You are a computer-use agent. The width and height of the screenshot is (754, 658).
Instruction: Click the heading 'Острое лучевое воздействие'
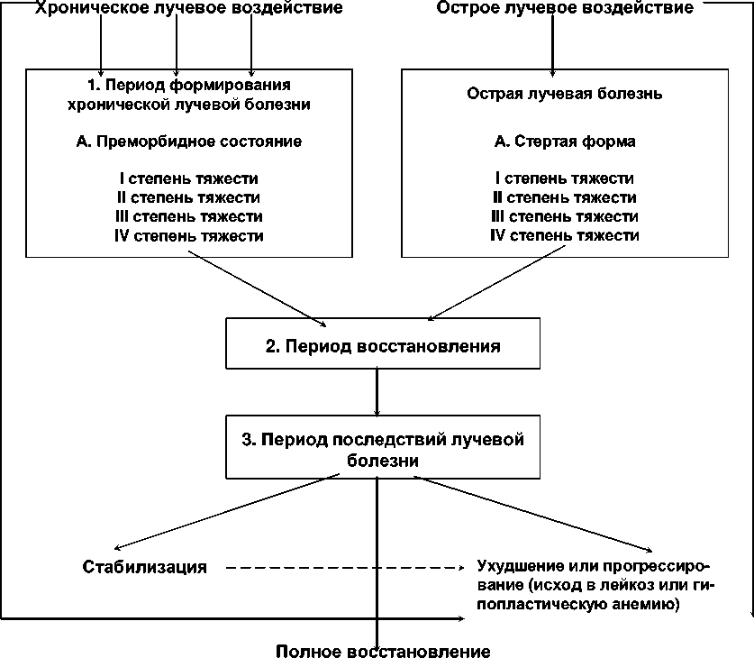coord(565,9)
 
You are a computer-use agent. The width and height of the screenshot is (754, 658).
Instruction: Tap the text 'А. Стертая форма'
coord(565,142)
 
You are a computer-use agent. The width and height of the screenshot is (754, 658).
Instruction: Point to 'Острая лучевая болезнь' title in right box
coord(565,94)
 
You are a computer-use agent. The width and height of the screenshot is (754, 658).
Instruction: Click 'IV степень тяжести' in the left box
coord(189,236)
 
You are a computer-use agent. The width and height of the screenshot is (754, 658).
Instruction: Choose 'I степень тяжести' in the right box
coord(565,178)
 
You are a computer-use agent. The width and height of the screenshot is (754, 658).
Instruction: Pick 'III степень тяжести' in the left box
coord(189,217)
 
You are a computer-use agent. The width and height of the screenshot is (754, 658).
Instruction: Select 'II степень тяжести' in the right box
coord(565,197)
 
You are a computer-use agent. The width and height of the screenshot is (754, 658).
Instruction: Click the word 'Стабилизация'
coord(145,568)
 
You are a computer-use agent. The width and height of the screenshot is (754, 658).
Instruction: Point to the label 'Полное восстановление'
coord(384,651)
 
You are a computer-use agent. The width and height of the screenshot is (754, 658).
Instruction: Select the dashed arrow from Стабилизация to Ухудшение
coord(342,568)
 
